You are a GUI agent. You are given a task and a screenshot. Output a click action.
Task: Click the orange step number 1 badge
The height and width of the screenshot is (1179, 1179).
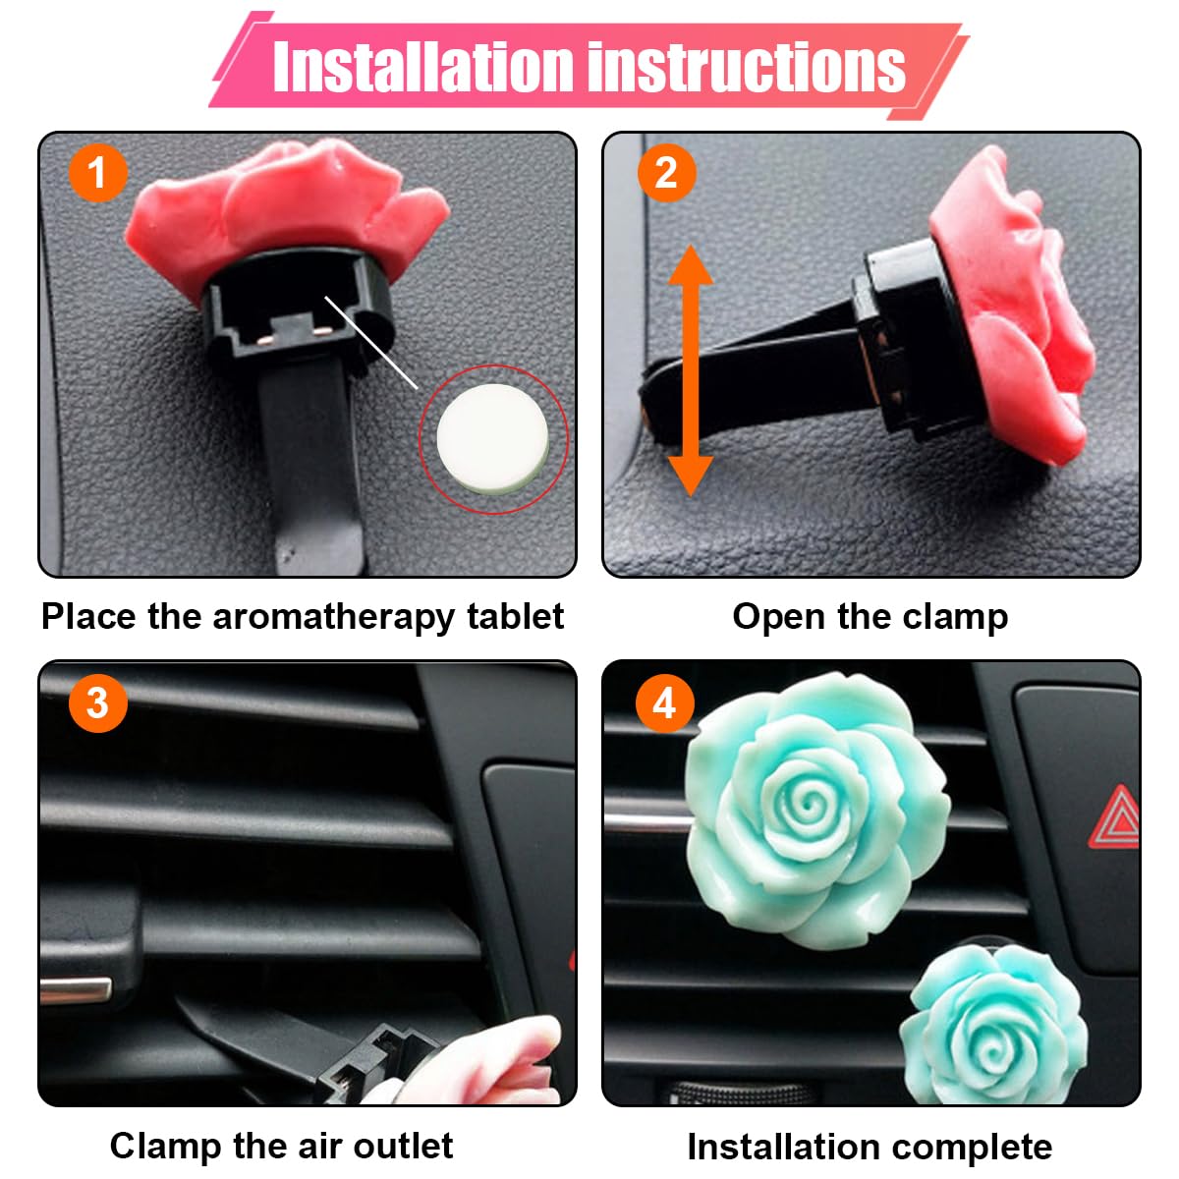click(x=97, y=173)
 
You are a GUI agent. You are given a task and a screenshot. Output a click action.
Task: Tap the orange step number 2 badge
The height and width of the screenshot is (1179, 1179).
click(x=666, y=173)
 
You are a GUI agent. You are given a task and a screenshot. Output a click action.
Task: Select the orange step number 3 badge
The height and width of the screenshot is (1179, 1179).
click(x=97, y=702)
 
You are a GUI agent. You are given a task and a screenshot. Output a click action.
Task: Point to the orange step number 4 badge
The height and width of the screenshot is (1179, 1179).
click(x=665, y=702)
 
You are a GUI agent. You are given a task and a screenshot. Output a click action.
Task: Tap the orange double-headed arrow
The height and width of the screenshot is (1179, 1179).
click(x=691, y=370)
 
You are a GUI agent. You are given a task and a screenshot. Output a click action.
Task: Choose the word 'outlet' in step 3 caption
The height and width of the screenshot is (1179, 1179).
click(x=403, y=1146)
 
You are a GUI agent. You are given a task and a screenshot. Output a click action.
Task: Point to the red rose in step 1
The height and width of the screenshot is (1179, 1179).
click(x=285, y=201)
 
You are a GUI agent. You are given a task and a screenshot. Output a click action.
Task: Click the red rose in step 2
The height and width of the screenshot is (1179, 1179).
click(x=1017, y=305)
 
